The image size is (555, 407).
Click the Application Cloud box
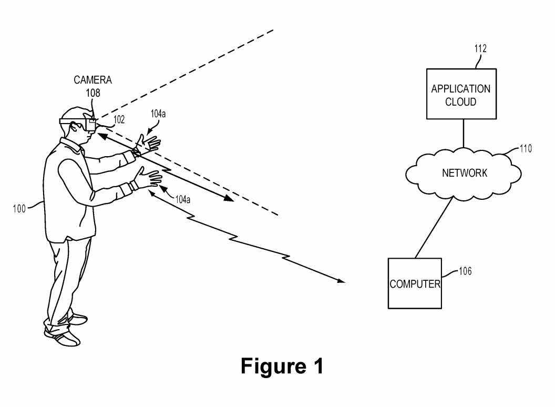coord(460,94)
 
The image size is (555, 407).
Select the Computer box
coord(414,283)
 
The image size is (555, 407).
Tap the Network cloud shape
coord(463,172)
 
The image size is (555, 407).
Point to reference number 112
coord(480,49)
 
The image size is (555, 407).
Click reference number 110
coord(526,149)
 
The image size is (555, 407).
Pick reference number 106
coord(465,271)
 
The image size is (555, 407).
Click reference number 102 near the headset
coord(119,120)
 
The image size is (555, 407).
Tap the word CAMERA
coord(92,80)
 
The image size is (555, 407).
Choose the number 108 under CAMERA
coord(93,93)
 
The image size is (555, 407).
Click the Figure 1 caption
coord(282,367)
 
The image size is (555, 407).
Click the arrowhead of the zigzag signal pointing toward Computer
coord(342,281)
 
